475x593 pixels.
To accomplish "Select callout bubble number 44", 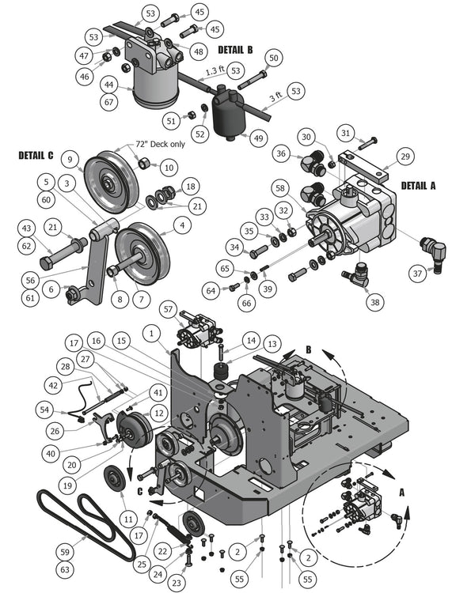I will coord(107,85).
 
